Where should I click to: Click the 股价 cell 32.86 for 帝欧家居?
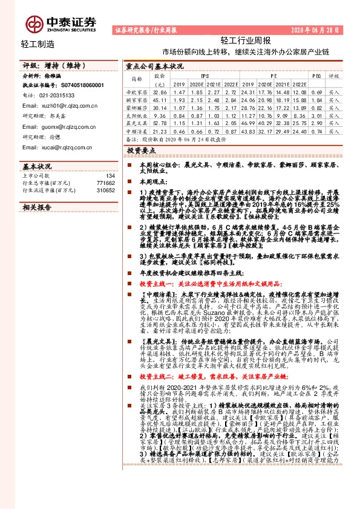point(160,91)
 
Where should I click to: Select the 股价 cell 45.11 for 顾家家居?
point(160,99)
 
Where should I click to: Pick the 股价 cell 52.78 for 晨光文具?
point(160,123)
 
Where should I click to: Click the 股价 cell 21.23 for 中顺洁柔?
point(160,131)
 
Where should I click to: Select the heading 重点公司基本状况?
point(154,66)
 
